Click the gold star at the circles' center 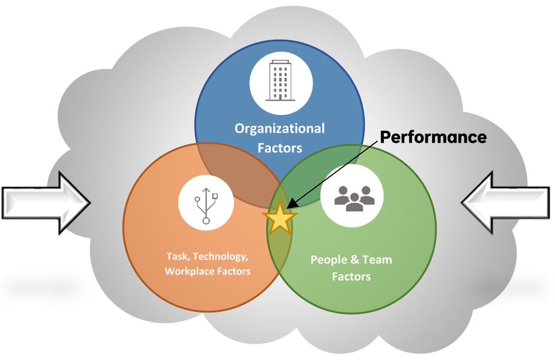(280, 219)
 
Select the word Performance (433, 137)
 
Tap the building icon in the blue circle (281, 83)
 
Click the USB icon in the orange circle (206, 204)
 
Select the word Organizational (280, 128)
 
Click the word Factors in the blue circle (281, 148)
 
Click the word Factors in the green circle (351, 277)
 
